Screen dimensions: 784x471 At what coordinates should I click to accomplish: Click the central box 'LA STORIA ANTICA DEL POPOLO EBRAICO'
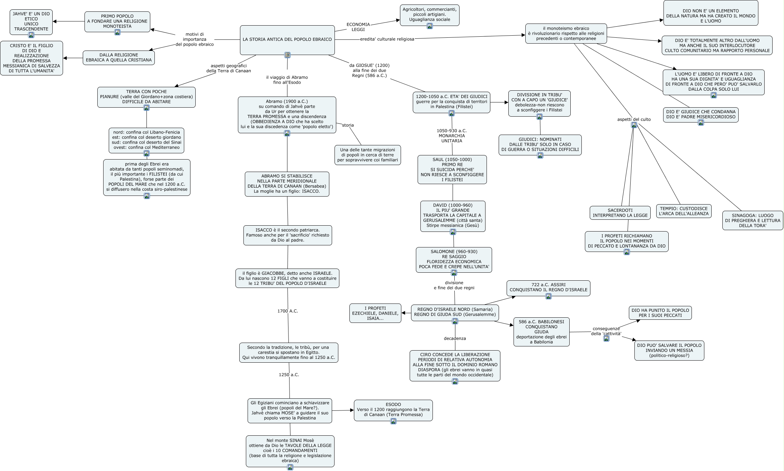(287, 40)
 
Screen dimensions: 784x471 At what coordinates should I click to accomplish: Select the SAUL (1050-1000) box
(452, 170)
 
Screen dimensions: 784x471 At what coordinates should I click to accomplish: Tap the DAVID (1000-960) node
(453, 216)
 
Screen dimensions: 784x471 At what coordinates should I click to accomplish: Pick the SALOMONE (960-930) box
(454, 260)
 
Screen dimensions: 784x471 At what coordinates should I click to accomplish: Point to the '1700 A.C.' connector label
(288, 311)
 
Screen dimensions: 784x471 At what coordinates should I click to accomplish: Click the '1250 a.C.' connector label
(289, 375)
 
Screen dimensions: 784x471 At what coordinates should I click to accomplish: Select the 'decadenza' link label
(455, 338)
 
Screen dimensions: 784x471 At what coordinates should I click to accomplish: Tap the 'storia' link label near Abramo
(348, 125)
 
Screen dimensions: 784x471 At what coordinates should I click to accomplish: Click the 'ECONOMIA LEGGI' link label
(358, 27)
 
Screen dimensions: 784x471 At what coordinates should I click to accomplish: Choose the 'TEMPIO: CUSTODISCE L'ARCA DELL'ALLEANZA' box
(684, 211)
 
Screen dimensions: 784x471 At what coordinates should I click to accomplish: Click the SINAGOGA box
(753, 220)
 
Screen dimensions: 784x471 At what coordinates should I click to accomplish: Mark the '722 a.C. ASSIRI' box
(549, 288)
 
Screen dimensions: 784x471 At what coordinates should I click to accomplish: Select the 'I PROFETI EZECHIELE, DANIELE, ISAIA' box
(375, 313)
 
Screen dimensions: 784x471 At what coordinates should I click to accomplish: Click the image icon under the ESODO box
(393, 421)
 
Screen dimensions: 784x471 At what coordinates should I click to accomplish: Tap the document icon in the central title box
(287, 55)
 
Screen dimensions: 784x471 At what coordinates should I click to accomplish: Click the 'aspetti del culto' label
(634, 119)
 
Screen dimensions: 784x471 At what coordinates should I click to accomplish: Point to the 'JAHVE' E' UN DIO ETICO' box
(31, 22)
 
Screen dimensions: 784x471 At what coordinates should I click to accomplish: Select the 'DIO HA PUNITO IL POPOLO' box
(660, 313)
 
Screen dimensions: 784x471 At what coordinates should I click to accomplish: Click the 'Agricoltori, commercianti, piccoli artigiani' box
(430, 15)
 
